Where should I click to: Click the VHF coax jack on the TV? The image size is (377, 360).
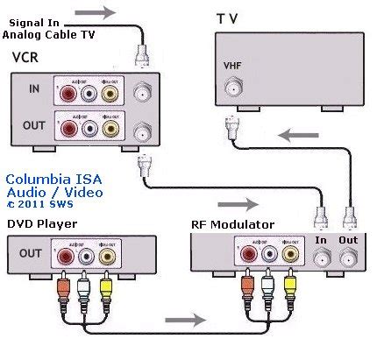pyautogui.click(x=233, y=88)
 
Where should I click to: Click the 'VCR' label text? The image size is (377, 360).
pyautogui.click(x=25, y=58)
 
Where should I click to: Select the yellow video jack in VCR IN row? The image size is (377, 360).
pyautogui.click(x=110, y=91)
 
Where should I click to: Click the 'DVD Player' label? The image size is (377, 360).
pyautogui.click(x=42, y=224)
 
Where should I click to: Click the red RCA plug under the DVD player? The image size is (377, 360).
pyautogui.click(x=65, y=286)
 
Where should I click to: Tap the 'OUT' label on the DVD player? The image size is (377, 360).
pyautogui.click(x=30, y=254)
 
